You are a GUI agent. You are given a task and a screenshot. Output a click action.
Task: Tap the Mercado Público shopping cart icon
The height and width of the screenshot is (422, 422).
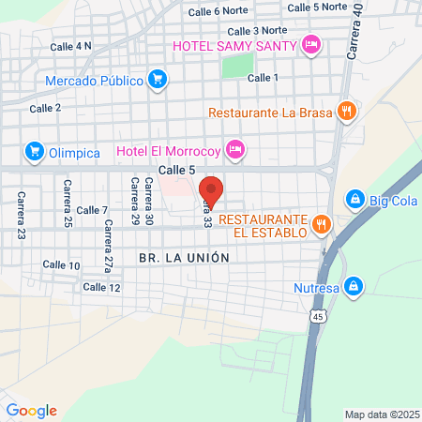158,80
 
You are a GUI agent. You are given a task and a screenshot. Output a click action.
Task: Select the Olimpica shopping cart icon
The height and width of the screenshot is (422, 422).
35,151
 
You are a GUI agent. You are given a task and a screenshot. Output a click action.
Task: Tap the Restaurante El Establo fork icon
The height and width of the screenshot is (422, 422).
322,223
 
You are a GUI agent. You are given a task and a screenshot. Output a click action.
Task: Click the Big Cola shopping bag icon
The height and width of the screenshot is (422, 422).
355,199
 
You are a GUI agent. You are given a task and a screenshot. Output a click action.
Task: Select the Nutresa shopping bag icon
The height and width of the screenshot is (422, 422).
353,285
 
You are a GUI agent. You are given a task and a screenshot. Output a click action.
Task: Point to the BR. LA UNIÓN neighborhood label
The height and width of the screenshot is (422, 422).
183,256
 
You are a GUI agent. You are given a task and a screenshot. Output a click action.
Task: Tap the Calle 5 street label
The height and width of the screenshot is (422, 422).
176,170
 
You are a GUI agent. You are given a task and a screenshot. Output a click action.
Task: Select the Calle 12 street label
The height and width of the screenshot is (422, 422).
101,287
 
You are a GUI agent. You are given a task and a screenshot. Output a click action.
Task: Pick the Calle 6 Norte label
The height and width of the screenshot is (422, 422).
217,11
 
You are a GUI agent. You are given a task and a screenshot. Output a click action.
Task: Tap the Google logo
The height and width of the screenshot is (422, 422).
31,410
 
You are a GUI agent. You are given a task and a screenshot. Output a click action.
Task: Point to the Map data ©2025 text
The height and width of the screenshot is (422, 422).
381,414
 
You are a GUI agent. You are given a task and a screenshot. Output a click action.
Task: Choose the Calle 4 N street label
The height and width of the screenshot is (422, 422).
71,46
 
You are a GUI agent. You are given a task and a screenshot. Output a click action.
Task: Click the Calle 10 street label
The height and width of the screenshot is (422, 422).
61,265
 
